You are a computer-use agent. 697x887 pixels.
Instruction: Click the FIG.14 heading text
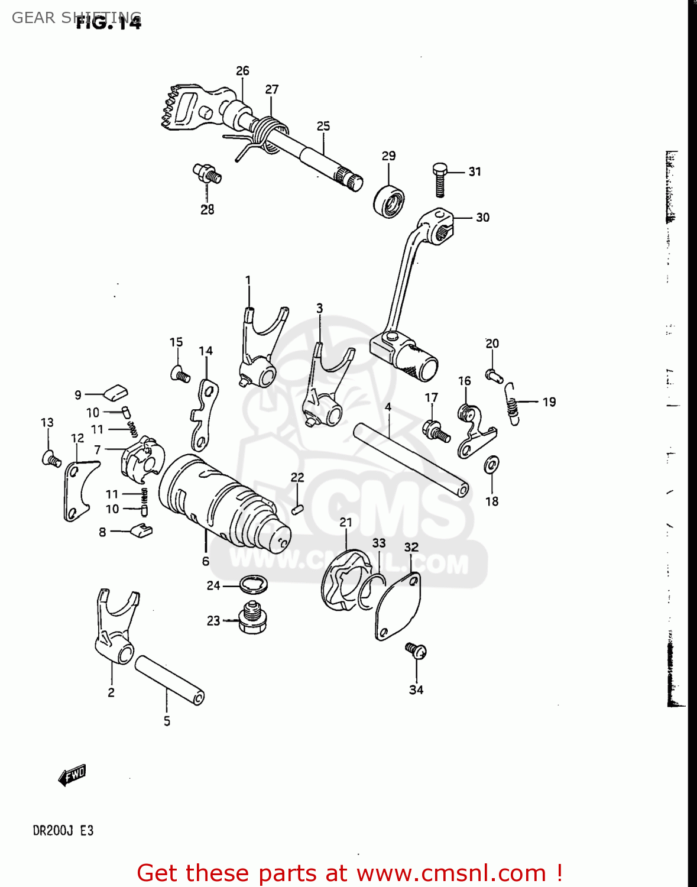(x=109, y=23)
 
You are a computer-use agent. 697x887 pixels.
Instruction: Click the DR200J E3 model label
(x=63, y=830)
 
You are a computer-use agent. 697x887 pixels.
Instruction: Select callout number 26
(x=242, y=71)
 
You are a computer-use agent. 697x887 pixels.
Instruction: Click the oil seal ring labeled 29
(x=389, y=201)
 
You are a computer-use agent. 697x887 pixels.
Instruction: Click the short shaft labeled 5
(x=169, y=680)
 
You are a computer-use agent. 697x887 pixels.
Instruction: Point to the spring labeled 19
(x=513, y=404)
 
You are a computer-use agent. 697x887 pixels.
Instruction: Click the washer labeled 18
(x=491, y=465)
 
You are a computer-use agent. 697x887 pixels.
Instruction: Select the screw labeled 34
(x=416, y=651)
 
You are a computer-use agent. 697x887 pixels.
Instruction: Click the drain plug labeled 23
(x=252, y=620)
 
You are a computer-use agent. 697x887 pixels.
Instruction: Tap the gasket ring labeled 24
(x=255, y=585)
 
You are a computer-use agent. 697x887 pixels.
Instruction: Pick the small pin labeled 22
(x=297, y=508)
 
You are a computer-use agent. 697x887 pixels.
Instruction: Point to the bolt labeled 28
(x=208, y=174)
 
